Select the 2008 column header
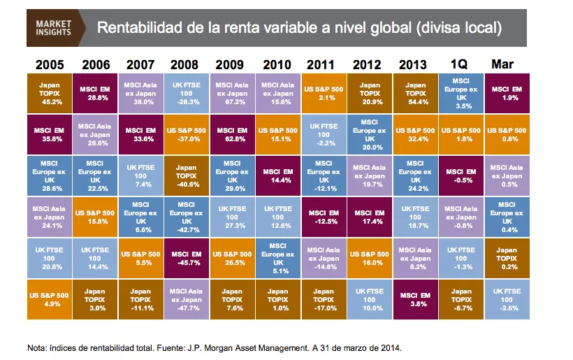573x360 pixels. [184, 64]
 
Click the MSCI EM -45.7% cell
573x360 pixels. [186, 259]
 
